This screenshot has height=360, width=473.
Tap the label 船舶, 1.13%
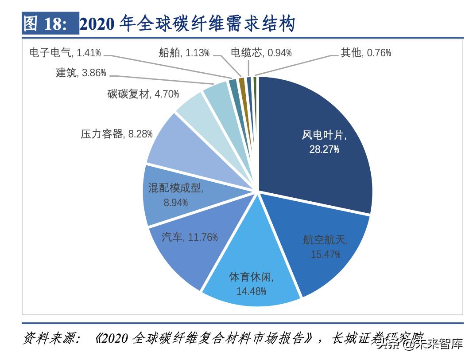coord(184,53)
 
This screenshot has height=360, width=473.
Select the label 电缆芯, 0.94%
coord(261,53)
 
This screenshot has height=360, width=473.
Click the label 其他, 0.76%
coord(366,53)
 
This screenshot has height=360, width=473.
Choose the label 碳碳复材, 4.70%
coord(143,94)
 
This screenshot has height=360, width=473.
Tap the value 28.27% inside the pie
coord(324,149)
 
